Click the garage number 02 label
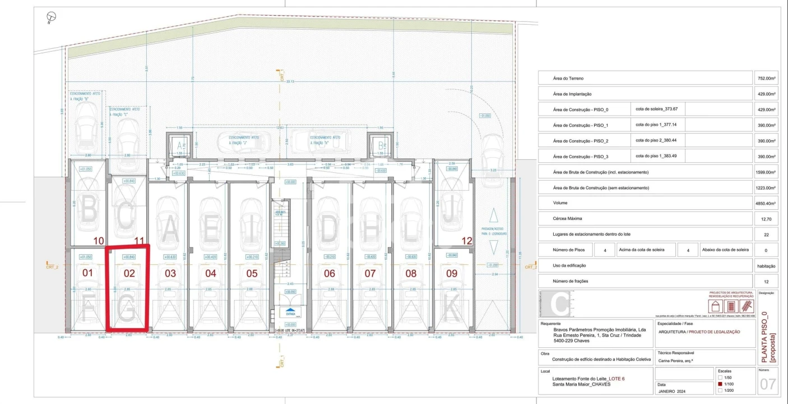point(129,273)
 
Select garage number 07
point(370,273)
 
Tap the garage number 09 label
point(452,273)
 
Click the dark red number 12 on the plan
point(466,241)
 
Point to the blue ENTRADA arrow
point(290,310)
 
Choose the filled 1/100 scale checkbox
point(720,384)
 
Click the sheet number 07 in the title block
point(767,385)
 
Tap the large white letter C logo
point(559,305)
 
